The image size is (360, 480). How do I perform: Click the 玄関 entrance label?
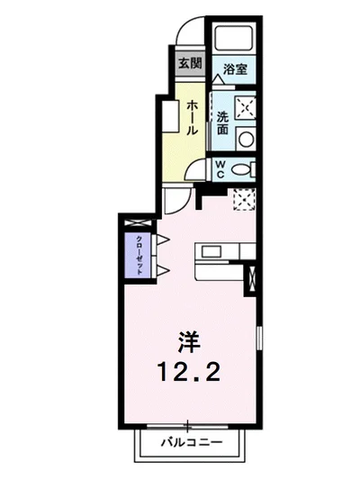tap(189, 64)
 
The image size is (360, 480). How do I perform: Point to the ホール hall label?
tap(193, 118)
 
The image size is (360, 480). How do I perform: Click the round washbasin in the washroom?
tap(246, 139)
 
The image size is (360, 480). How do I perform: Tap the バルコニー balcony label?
tap(190, 443)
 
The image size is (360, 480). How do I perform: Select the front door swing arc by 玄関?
tap(191, 36)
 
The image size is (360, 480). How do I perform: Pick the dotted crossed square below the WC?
tap(243, 198)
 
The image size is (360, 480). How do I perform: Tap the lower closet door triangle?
tap(165, 269)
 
